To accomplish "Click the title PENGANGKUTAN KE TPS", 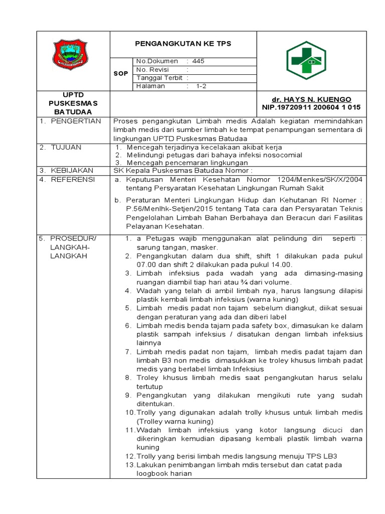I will tap(183, 44).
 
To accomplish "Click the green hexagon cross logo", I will tap(306, 61).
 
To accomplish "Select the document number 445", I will tap(198, 61).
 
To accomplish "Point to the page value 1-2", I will tap(201, 86).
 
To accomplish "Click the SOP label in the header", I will tap(120, 74).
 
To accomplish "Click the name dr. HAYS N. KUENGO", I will tap(311, 99).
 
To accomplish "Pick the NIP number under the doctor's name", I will tap(311, 107).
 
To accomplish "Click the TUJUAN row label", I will tap(66, 147).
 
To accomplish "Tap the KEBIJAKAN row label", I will tap(72, 171).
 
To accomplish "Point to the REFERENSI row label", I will tap(72, 179).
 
